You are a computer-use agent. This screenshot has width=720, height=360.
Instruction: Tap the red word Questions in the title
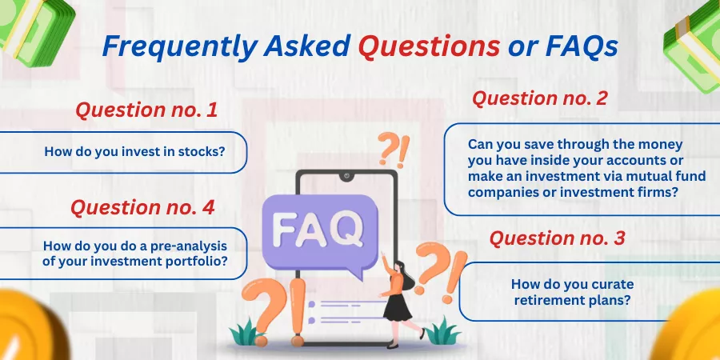pos(429,46)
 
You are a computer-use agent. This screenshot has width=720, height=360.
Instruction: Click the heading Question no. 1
pos(146,110)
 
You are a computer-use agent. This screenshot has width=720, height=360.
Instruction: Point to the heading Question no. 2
pos(540,98)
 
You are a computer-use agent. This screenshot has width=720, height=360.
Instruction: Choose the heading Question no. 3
pos(557,238)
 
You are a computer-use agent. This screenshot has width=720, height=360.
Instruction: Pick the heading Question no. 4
pos(142,207)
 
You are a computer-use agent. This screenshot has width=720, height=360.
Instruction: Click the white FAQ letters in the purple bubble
pos(318,228)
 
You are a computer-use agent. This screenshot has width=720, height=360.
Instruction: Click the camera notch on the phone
pos(346,176)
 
